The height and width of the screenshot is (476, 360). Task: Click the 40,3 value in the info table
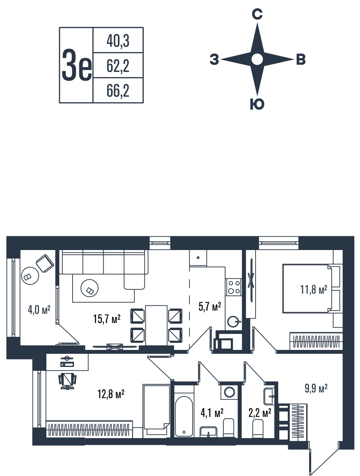pyautogui.click(x=118, y=41)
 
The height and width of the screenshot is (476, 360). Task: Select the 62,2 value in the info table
pyautogui.click(x=118, y=66)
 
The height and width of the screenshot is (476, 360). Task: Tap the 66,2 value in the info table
pyautogui.click(x=118, y=91)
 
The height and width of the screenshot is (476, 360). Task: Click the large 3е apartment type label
pyautogui.click(x=77, y=65)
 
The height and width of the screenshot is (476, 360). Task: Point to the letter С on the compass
pyautogui.click(x=257, y=14)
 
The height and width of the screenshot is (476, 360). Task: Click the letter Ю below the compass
pyautogui.click(x=257, y=104)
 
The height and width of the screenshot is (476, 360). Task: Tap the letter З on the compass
pyautogui.click(x=214, y=59)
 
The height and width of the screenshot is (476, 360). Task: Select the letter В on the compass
pyautogui.click(x=301, y=59)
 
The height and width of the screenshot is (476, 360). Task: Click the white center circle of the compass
pyautogui.click(x=257, y=59)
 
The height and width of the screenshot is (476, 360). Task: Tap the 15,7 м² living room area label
pyautogui.click(x=107, y=319)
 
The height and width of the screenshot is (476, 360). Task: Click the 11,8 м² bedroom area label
pyautogui.click(x=314, y=289)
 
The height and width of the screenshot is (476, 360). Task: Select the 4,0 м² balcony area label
pyautogui.click(x=39, y=310)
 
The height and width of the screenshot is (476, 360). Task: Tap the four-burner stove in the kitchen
pyautogui.click(x=234, y=287)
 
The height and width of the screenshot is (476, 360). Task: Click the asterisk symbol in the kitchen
pyautogui.click(x=198, y=258)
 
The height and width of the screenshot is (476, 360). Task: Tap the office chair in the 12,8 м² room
pyautogui.click(x=67, y=381)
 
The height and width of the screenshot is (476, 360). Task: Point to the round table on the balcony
pyautogui.click(x=30, y=276)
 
